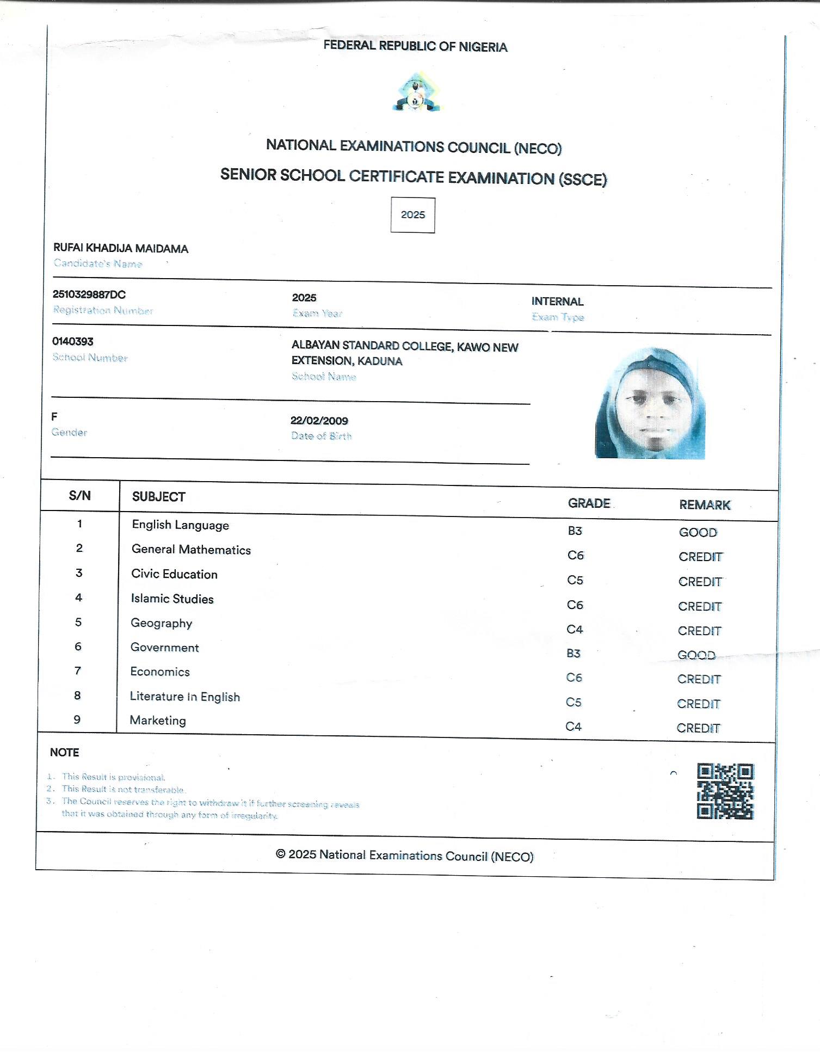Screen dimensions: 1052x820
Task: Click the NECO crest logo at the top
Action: [x=416, y=92]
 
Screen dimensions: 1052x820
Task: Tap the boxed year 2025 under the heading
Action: [x=412, y=215]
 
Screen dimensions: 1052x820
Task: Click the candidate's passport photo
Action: [x=650, y=403]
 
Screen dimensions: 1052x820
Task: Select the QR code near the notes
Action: [x=725, y=791]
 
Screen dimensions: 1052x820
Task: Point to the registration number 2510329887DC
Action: [x=89, y=294]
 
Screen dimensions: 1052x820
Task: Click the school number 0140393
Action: [x=73, y=342]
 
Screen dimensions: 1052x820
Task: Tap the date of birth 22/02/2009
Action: [x=319, y=421]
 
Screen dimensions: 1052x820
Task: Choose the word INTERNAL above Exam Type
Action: [x=557, y=302]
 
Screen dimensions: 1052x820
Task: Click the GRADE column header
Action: [x=589, y=503]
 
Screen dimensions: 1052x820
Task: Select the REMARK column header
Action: [x=704, y=505]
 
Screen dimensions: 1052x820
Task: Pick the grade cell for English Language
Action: [x=575, y=531]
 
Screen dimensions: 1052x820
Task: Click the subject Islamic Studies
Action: [x=172, y=599]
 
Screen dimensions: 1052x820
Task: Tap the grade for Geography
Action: [x=575, y=630]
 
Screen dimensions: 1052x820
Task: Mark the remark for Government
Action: [x=696, y=655]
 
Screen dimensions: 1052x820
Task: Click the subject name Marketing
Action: [x=158, y=721]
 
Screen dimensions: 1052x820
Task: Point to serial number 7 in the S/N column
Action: [x=78, y=670]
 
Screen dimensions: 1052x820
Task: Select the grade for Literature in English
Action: [x=574, y=702]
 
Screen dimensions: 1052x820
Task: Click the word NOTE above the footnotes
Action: [x=65, y=753]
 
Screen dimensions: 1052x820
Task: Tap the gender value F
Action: [x=54, y=417]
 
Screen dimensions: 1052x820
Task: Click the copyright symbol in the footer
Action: [x=281, y=854]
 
